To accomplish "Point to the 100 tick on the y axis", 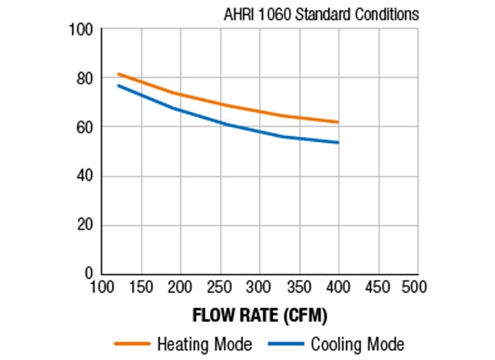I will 82,29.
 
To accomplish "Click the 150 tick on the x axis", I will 142,287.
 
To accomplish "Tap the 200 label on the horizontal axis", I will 181,287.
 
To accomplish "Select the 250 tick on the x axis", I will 220,287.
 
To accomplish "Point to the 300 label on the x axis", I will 259,287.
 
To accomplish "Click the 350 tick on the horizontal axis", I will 299,287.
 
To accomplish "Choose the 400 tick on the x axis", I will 339,287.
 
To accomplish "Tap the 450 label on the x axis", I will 378,287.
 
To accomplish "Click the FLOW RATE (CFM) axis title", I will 259,315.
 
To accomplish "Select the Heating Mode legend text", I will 204,345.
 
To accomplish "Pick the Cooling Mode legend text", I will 358,345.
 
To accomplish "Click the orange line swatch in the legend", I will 133,345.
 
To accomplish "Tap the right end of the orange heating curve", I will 339,122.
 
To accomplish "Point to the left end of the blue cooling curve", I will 118,86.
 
